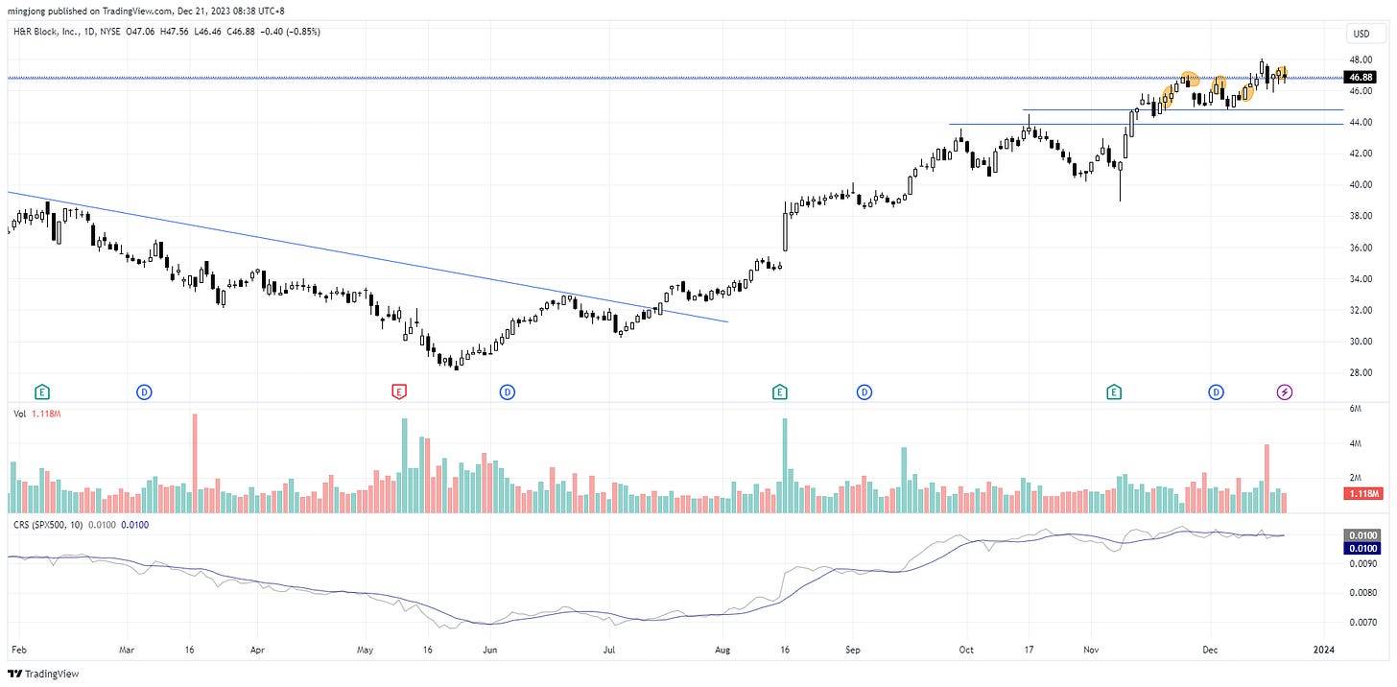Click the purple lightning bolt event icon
pyautogui.click(x=1285, y=391)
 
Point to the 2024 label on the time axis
pyautogui.click(x=1323, y=650)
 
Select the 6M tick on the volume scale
pyautogui.click(x=1356, y=410)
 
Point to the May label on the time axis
pyautogui.click(x=365, y=650)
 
